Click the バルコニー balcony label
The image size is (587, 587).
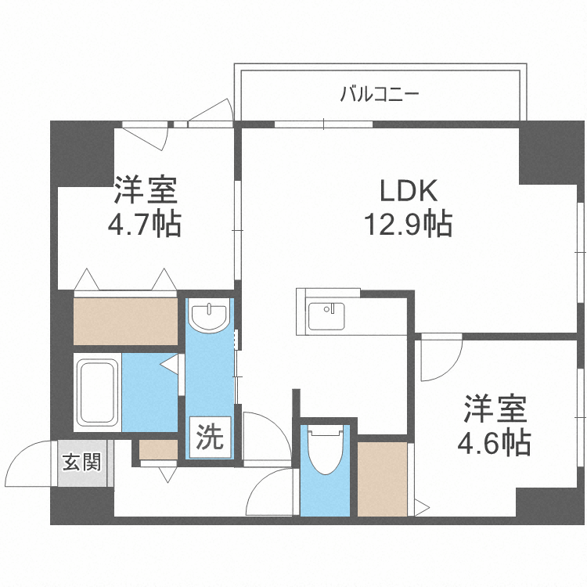pyautogui.click(x=380, y=95)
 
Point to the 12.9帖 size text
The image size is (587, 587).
pyautogui.click(x=406, y=225)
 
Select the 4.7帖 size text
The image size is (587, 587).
pyautogui.click(x=145, y=225)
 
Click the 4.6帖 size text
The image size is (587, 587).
pyautogui.click(x=495, y=443)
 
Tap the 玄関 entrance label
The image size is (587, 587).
pyautogui.click(x=81, y=463)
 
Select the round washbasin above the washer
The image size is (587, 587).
pyautogui.click(x=210, y=314)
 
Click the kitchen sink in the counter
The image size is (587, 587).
pyautogui.click(x=326, y=316)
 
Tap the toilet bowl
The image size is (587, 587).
pyautogui.click(x=324, y=449)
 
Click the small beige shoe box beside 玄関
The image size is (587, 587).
pyautogui.click(x=159, y=449)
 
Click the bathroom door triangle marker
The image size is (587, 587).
pyautogui.click(x=171, y=364)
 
